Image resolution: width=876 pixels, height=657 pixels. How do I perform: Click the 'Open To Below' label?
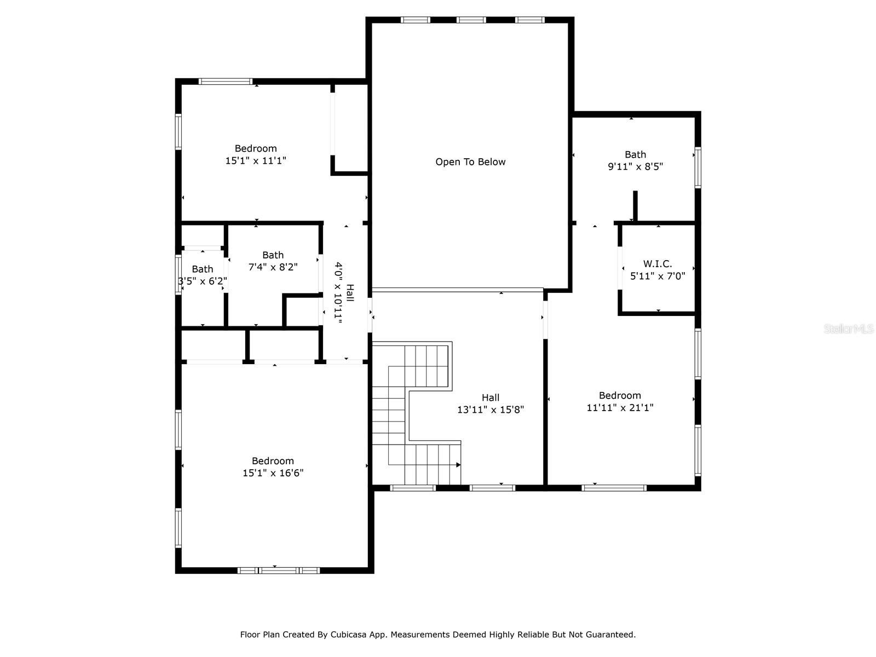pyautogui.click(x=470, y=162)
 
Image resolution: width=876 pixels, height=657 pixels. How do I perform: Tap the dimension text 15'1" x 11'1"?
pyautogui.click(x=256, y=160)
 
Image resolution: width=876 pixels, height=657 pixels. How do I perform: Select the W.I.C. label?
pyautogui.click(x=658, y=264)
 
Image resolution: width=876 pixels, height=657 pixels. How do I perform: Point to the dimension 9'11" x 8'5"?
pyautogui.click(x=635, y=166)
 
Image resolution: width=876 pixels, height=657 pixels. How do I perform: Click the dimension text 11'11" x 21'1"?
pyautogui.click(x=619, y=407)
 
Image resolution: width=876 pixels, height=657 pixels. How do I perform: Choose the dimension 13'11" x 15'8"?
pyautogui.click(x=490, y=410)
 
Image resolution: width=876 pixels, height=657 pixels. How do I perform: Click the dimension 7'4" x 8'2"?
pyautogui.click(x=273, y=267)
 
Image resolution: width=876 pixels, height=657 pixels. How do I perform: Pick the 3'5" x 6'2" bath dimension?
pyautogui.click(x=203, y=281)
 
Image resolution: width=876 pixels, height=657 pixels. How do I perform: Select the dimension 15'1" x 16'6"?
pyautogui.click(x=273, y=472)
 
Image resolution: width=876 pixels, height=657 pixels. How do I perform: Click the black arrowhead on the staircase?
pyautogui.click(x=458, y=465)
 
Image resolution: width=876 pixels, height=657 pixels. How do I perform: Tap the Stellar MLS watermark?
pyautogui.click(x=849, y=328)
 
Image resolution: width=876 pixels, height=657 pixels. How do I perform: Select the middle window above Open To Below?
pyautogui.click(x=471, y=20)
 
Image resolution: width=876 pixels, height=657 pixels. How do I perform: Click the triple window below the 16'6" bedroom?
pyautogui.click(x=279, y=570)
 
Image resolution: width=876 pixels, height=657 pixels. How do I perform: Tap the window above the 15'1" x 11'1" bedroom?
pyautogui.click(x=226, y=82)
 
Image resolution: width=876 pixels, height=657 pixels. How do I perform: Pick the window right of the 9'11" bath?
pyautogui.click(x=698, y=168)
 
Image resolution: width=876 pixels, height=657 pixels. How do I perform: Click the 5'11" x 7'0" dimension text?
pyautogui.click(x=658, y=275)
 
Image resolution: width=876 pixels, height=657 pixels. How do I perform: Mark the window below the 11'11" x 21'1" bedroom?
pyautogui.click(x=614, y=487)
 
